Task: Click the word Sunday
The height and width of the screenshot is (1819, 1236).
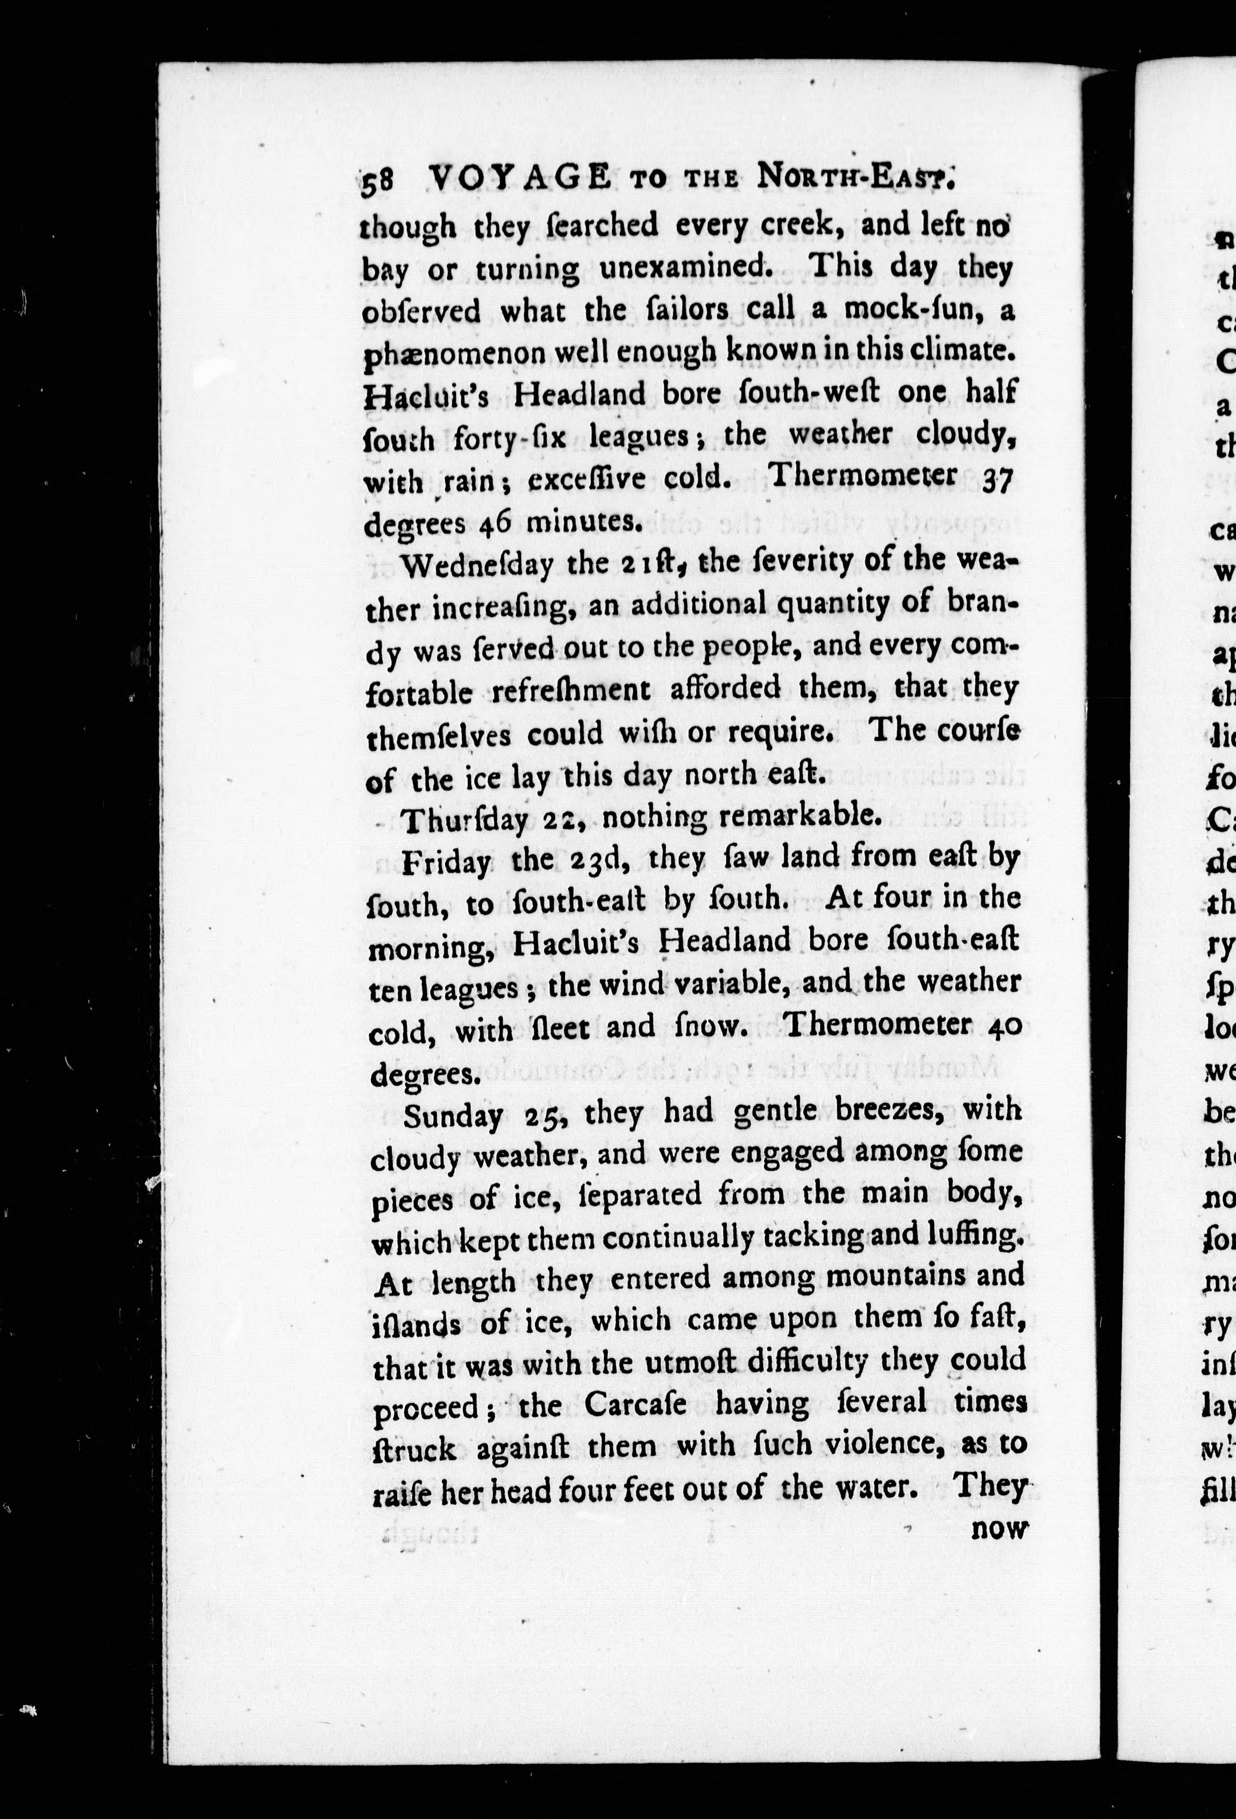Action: point(452,1115)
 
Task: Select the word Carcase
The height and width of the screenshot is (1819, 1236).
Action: point(635,1404)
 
